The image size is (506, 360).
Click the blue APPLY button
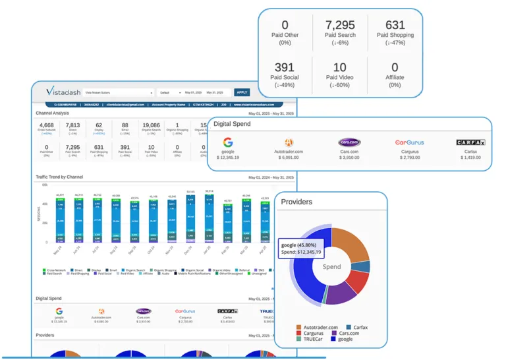tap(242, 92)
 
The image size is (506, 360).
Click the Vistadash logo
tap(64, 92)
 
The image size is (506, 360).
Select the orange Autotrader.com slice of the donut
tap(351, 244)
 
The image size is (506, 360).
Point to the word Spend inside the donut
tap(331, 268)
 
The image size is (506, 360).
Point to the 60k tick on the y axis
tap(44, 185)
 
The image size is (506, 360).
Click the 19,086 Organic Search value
tap(151, 125)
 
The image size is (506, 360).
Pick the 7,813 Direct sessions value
tap(72, 125)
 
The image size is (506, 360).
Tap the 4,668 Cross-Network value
tap(47, 125)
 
